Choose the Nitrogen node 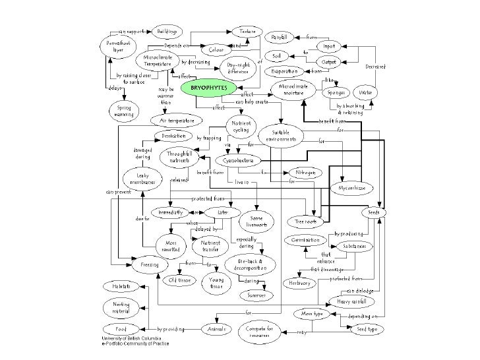pyautogui.click(x=305, y=172)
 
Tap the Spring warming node pyautogui.click(x=124, y=110)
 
